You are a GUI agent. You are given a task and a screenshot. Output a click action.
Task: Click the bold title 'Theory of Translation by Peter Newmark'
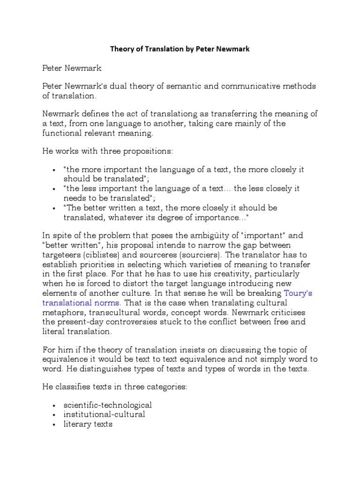(180, 48)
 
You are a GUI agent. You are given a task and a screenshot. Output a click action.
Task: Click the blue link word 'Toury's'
(299, 293)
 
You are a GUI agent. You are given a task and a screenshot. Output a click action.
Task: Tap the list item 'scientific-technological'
(108, 405)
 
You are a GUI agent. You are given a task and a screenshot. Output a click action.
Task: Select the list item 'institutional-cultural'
(105, 415)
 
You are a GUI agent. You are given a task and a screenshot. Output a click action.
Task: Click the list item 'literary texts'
(88, 425)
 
